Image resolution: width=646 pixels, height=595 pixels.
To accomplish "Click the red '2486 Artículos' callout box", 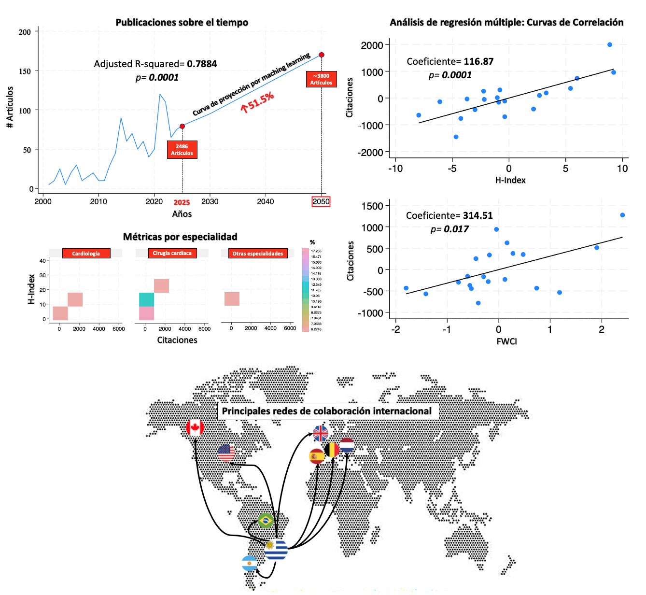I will (182, 150).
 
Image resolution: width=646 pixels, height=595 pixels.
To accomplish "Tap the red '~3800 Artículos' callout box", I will (321, 79).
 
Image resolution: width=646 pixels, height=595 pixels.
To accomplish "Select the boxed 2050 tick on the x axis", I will (321, 201).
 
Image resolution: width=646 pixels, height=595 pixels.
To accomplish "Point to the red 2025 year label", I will (182, 202).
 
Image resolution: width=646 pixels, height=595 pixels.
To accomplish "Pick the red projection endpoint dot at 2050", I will (322, 55).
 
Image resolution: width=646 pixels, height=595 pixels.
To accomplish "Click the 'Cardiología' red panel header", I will (86, 254).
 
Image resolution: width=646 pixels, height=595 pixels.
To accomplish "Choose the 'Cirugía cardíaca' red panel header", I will (172, 253).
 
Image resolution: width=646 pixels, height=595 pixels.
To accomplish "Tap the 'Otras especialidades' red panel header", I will (258, 254).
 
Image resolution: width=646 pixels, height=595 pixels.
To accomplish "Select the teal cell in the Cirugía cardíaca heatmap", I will (146, 299).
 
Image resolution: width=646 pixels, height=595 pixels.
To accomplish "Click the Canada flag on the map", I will (195, 428).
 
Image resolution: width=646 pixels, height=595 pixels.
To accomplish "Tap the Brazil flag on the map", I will (266, 521).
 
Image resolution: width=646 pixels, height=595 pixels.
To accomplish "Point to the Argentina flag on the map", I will (249, 563).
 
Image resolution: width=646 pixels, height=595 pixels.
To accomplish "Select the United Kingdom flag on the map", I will (321, 433).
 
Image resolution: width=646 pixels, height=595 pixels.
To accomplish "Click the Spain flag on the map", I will (316, 456).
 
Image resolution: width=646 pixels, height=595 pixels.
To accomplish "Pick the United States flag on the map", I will (226, 453).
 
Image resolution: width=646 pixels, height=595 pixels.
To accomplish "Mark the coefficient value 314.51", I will (477, 215).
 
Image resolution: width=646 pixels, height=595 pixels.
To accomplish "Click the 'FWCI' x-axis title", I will (506, 341).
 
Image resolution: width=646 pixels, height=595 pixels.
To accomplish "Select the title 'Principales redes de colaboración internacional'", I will (327, 411).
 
